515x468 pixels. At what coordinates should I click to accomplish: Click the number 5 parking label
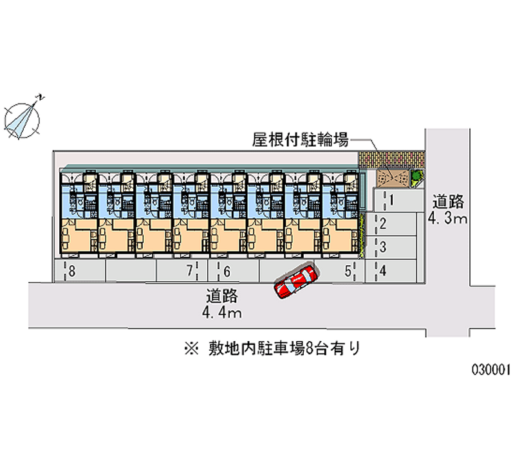(x=348, y=271)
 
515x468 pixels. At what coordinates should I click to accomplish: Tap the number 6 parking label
(x=227, y=271)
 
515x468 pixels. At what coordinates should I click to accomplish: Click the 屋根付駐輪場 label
(x=301, y=139)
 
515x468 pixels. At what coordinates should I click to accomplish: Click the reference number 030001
(x=491, y=370)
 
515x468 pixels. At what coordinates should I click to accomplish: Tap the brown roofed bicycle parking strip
(x=391, y=158)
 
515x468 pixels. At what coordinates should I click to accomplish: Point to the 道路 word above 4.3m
(x=449, y=201)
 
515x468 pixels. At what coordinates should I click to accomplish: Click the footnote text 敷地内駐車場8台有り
(x=283, y=349)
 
